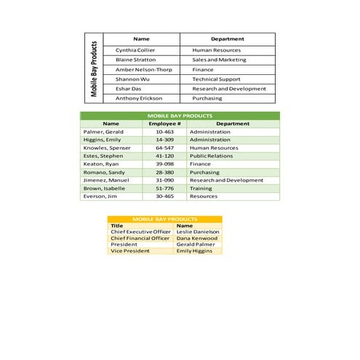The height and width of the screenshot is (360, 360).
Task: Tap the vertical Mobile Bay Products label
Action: coord(94,69)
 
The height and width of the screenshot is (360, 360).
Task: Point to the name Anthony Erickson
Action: coord(139,98)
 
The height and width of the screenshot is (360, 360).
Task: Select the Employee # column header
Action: coord(164,124)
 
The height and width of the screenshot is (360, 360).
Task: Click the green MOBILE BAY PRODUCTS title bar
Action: coord(180,116)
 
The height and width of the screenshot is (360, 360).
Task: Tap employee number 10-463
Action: coord(164,132)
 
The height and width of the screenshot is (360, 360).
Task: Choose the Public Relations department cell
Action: coord(211,156)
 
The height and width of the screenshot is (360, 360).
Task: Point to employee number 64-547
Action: coord(164,148)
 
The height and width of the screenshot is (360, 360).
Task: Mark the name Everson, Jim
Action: coord(100,196)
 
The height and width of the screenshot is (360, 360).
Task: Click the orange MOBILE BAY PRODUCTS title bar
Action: coord(165,219)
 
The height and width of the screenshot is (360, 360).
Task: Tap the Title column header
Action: coord(117,225)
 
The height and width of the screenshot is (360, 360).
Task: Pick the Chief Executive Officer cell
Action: coord(140,232)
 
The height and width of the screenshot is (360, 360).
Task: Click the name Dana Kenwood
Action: coord(196,239)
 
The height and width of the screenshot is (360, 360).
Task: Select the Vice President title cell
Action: coord(130,251)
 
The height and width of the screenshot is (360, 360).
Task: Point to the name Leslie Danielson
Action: coord(197,232)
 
